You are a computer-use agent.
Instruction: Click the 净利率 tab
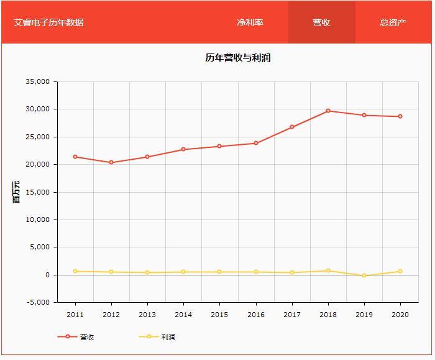[x=250, y=22]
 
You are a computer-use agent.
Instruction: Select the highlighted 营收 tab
[x=321, y=22]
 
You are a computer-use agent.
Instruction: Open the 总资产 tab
[x=393, y=22]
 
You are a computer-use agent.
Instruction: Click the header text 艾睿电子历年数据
[x=48, y=22]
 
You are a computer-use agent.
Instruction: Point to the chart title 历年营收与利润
[x=237, y=58]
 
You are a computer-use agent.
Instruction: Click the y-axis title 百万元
[x=17, y=192]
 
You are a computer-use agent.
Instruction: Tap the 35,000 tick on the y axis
[x=37, y=81]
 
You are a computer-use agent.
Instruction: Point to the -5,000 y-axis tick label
[x=37, y=303]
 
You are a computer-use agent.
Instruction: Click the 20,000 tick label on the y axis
[x=37, y=165]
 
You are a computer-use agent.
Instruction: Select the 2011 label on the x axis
[x=75, y=315]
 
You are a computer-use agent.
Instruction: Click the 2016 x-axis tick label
[x=256, y=315]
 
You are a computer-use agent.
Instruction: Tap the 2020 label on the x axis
[x=400, y=315]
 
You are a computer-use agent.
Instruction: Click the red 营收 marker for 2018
[x=328, y=111]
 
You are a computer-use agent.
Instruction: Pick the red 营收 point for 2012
[x=111, y=162]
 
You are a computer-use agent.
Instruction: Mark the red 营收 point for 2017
[x=292, y=127]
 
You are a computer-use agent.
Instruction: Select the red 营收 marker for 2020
[x=400, y=116]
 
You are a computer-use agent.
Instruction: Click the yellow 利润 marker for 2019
[x=364, y=275]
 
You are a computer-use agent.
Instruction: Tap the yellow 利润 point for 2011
[x=75, y=271]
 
